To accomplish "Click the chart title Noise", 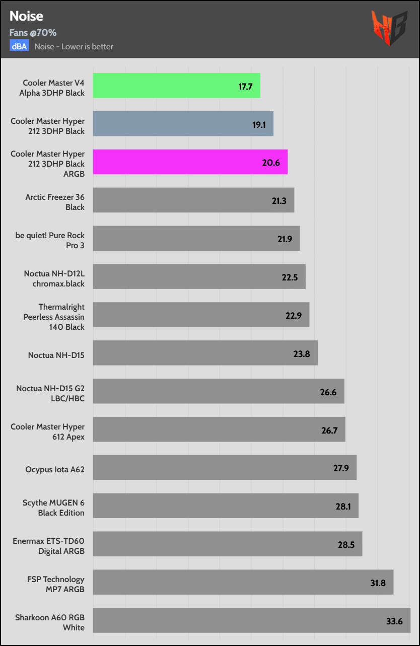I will [x=26, y=16].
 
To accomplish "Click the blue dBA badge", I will [x=19, y=46].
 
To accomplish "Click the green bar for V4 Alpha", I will [x=176, y=86].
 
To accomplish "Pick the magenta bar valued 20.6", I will [x=190, y=162].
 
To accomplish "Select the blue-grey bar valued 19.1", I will [x=183, y=124].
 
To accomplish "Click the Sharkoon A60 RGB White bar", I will [x=251, y=620].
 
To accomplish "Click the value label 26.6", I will [x=328, y=392].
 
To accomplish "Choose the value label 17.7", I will [x=245, y=86].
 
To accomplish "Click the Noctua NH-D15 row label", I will [x=56, y=355].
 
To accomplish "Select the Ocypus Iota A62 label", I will [x=55, y=470].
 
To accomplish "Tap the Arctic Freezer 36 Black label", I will [x=55, y=202].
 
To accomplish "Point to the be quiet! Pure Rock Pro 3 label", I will [x=50, y=240].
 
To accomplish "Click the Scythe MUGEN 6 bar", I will [x=226, y=506].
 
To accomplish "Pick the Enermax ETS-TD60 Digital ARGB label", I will [x=48, y=546].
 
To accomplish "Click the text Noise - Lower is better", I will [x=74, y=47].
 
